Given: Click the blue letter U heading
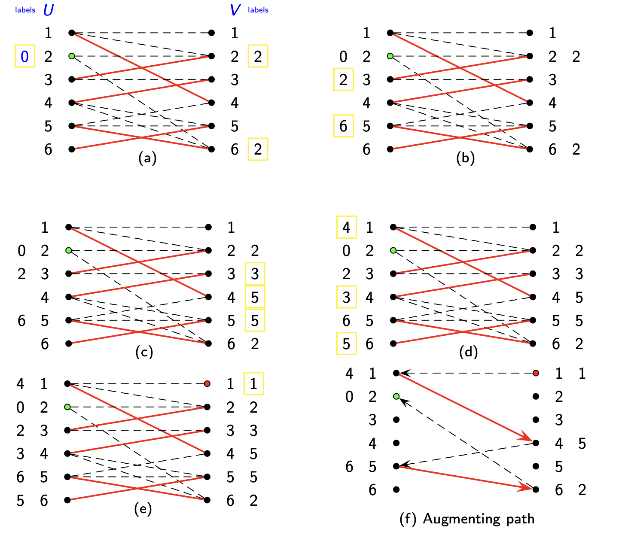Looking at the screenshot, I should point(49,10).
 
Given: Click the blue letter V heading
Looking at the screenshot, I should point(235,10).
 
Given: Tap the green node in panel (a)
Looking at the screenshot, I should point(72,56).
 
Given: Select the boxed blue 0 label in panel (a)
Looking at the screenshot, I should point(25,56).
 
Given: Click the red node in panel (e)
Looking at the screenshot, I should point(207,383).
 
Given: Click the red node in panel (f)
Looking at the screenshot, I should point(535,373).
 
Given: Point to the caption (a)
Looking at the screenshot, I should point(147,158).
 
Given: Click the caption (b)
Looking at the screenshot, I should point(466,158).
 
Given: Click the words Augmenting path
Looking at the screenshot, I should point(479,519).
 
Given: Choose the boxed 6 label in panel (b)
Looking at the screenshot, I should point(343,126).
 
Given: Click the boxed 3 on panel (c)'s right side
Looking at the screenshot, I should point(255,274).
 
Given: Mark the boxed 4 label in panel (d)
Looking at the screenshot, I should point(346,227).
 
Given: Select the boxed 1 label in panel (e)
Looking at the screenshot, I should point(253,383).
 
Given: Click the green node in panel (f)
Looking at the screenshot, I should point(396,396).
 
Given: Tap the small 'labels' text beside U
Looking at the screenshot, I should point(25,10).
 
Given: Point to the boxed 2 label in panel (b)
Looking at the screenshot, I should point(343,79).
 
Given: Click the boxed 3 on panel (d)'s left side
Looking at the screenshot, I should point(346,297).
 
